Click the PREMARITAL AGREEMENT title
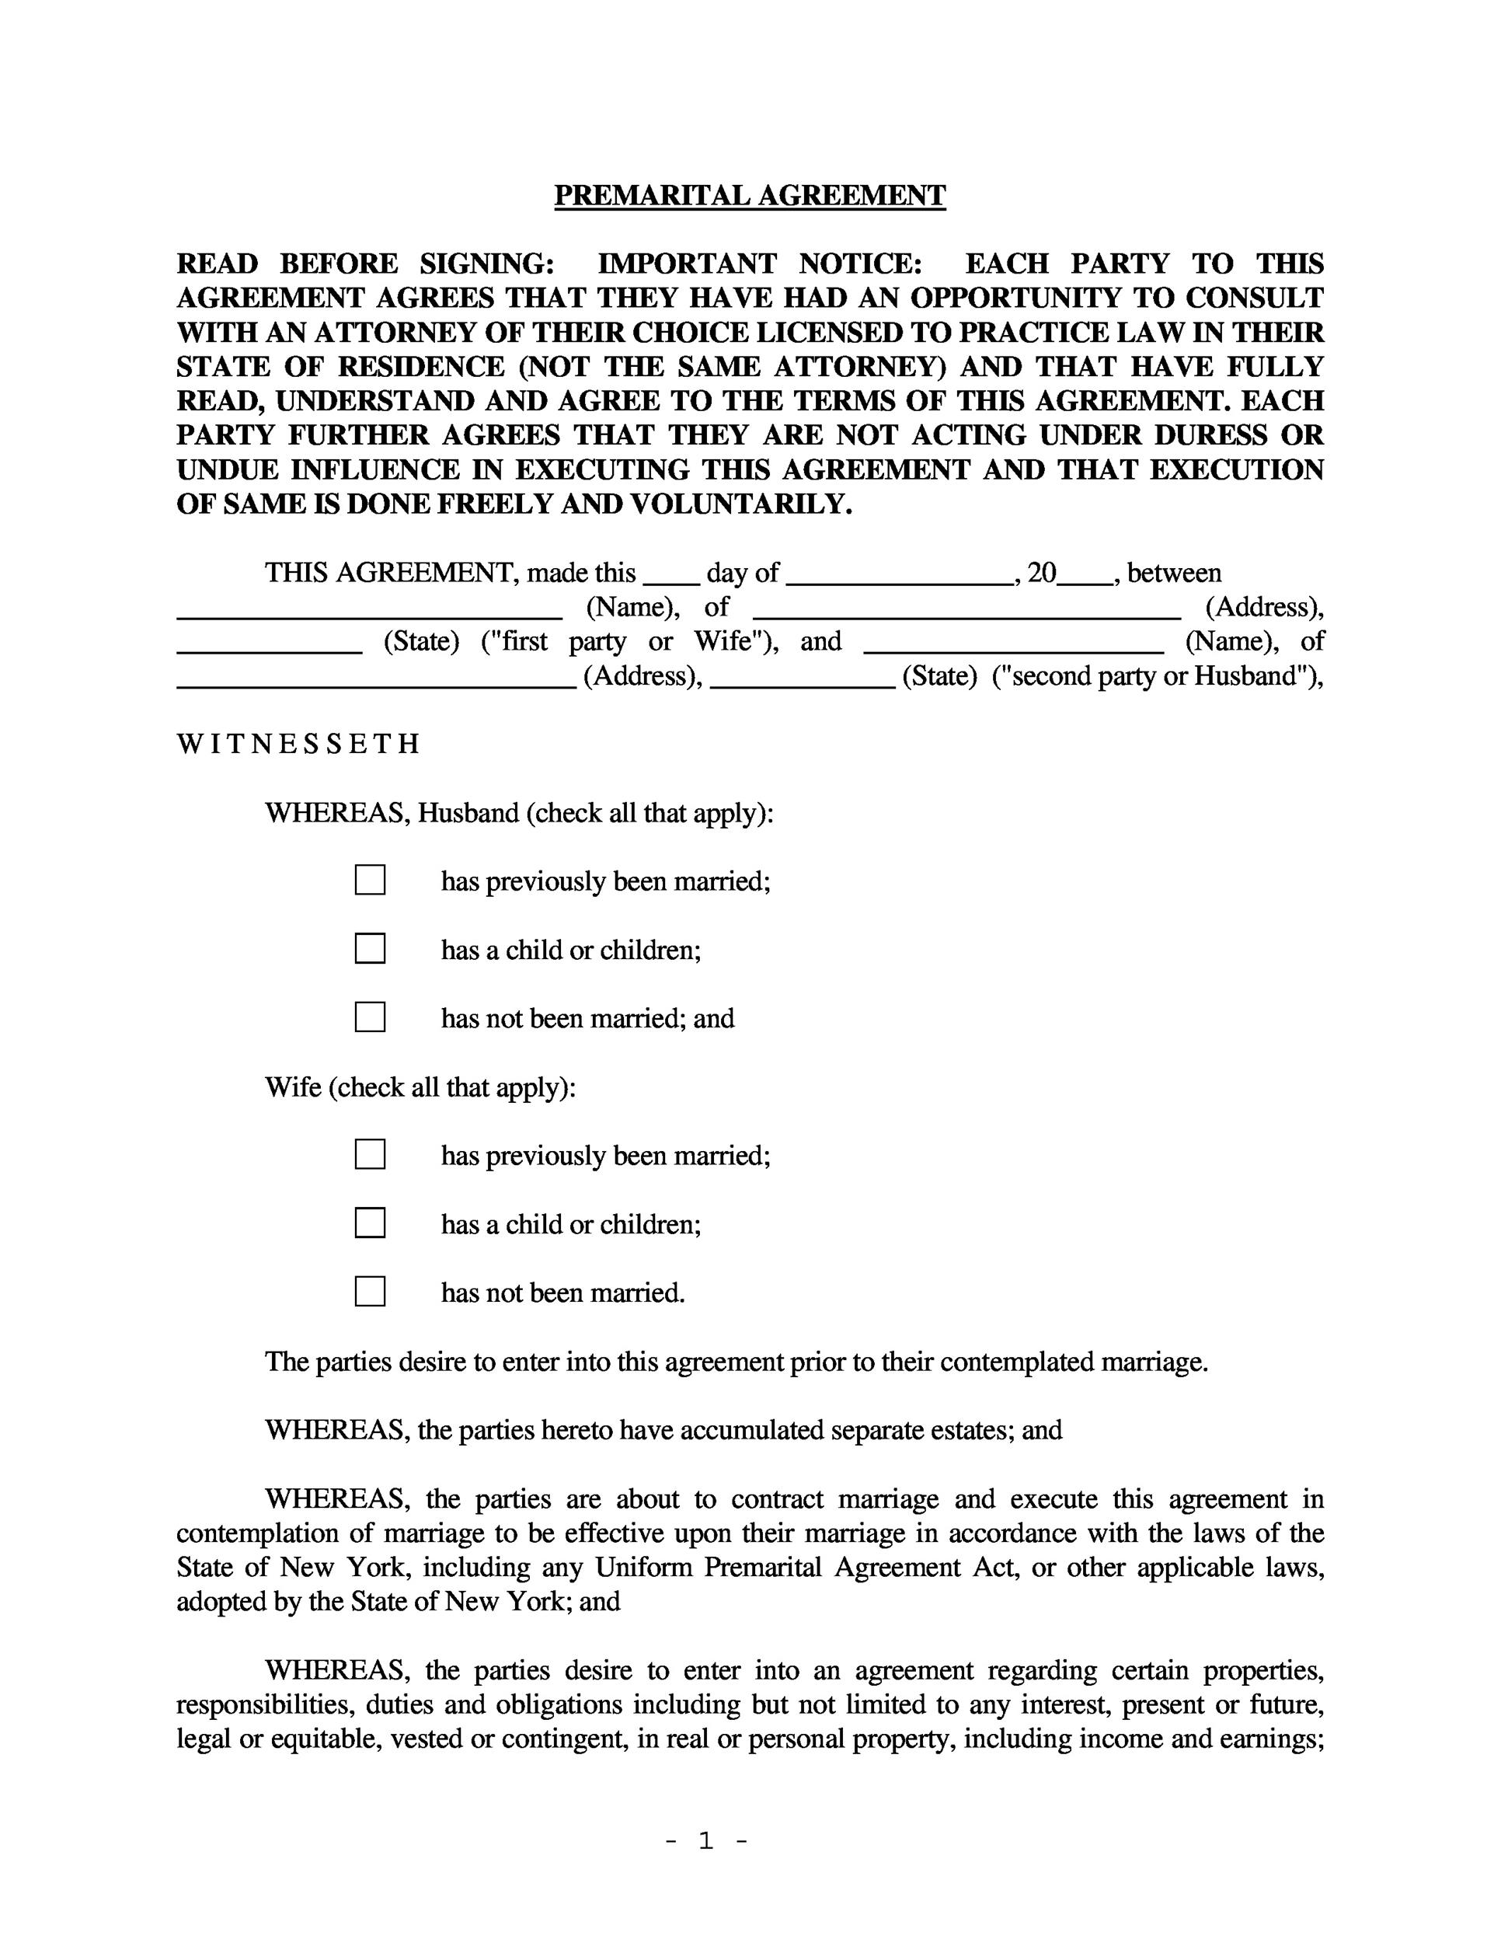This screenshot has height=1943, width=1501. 750,195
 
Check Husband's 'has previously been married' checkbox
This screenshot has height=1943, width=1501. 370,880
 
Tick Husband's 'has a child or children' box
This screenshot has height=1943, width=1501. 370,948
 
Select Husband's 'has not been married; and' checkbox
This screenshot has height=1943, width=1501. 370,1017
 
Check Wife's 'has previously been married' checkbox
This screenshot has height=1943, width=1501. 370,1154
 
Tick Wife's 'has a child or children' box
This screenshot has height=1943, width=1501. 370,1223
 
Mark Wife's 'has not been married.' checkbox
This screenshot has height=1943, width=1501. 370,1291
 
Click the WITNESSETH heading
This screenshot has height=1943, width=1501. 298,744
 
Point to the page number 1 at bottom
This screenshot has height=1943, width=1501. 706,1840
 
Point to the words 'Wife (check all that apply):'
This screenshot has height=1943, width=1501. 420,1087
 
